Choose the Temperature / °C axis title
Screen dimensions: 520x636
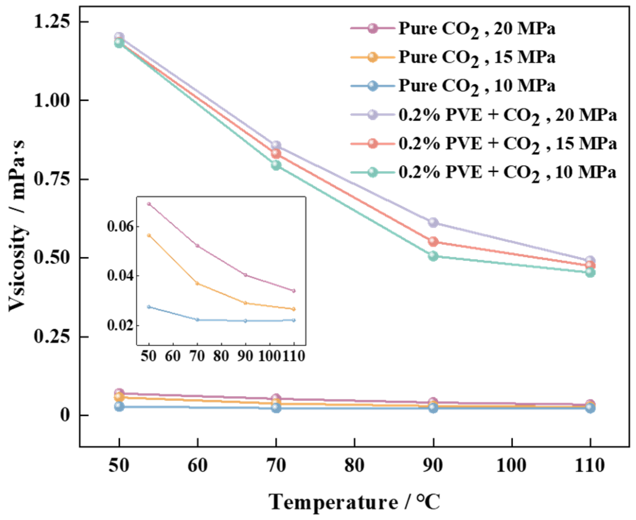[x=354, y=502]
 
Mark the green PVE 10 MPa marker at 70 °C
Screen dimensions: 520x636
[x=276, y=166]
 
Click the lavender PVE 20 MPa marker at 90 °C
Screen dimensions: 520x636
[x=433, y=223]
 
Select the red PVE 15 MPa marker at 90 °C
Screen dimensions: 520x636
[x=433, y=242]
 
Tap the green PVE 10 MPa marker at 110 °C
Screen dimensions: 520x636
[x=590, y=273]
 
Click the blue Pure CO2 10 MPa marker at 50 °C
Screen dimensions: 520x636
[x=119, y=406]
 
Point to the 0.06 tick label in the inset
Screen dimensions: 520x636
[x=121, y=227]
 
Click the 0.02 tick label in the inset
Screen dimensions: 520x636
[x=121, y=325]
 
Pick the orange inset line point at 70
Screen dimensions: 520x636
[x=197, y=283]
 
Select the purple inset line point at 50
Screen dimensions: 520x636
[x=149, y=204]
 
